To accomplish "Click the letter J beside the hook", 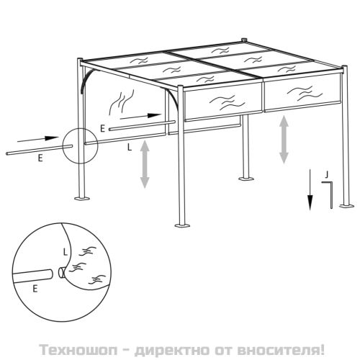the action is pyautogui.click(x=326, y=175).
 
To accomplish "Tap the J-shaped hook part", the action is pyautogui.click(x=331, y=194).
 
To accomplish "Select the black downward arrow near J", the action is pyautogui.click(x=310, y=189).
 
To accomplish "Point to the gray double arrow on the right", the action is pyautogui.click(x=284, y=140).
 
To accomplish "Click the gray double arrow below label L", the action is pyautogui.click(x=145, y=164).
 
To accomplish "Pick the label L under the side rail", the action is pyautogui.click(x=130, y=147).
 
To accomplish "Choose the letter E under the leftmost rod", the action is pyautogui.click(x=40, y=158).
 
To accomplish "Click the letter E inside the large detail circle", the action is pyautogui.click(x=35, y=289).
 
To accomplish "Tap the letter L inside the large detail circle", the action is pyautogui.click(x=65, y=252).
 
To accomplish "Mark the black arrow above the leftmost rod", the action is pyautogui.click(x=38, y=139).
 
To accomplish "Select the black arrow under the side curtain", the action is pyautogui.click(x=140, y=117).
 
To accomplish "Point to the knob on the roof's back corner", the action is pyautogui.click(x=244, y=40).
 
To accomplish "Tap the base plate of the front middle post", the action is pyautogui.click(x=182, y=225).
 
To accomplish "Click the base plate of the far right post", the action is pyautogui.click(x=346, y=205).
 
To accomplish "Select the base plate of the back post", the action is pyautogui.click(x=246, y=179).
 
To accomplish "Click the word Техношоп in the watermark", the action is pyautogui.click(x=78, y=350).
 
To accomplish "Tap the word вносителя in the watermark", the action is pyautogui.click(x=278, y=350).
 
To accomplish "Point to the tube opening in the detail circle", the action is pyautogui.click(x=61, y=273).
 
